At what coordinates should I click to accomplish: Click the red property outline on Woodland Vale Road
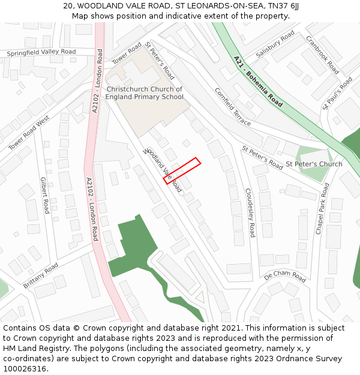tap(182, 170)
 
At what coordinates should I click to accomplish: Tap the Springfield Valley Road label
tap(41, 53)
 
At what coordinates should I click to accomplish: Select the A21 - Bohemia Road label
tap(257, 82)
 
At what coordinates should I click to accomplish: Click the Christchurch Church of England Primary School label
tap(145, 93)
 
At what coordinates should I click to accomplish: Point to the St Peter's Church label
tap(314, 164)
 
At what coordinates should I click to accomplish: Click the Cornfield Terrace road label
tap(233, 107)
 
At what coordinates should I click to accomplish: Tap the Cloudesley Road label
tap(250, 213)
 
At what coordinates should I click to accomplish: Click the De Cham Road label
tap(285, 276)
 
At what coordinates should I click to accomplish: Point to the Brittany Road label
tap(41, 275)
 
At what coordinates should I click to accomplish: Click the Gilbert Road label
tap(44, 195)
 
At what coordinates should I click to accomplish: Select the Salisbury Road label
tap(275, 44)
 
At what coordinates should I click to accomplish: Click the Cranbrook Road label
tap(322, 54)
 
